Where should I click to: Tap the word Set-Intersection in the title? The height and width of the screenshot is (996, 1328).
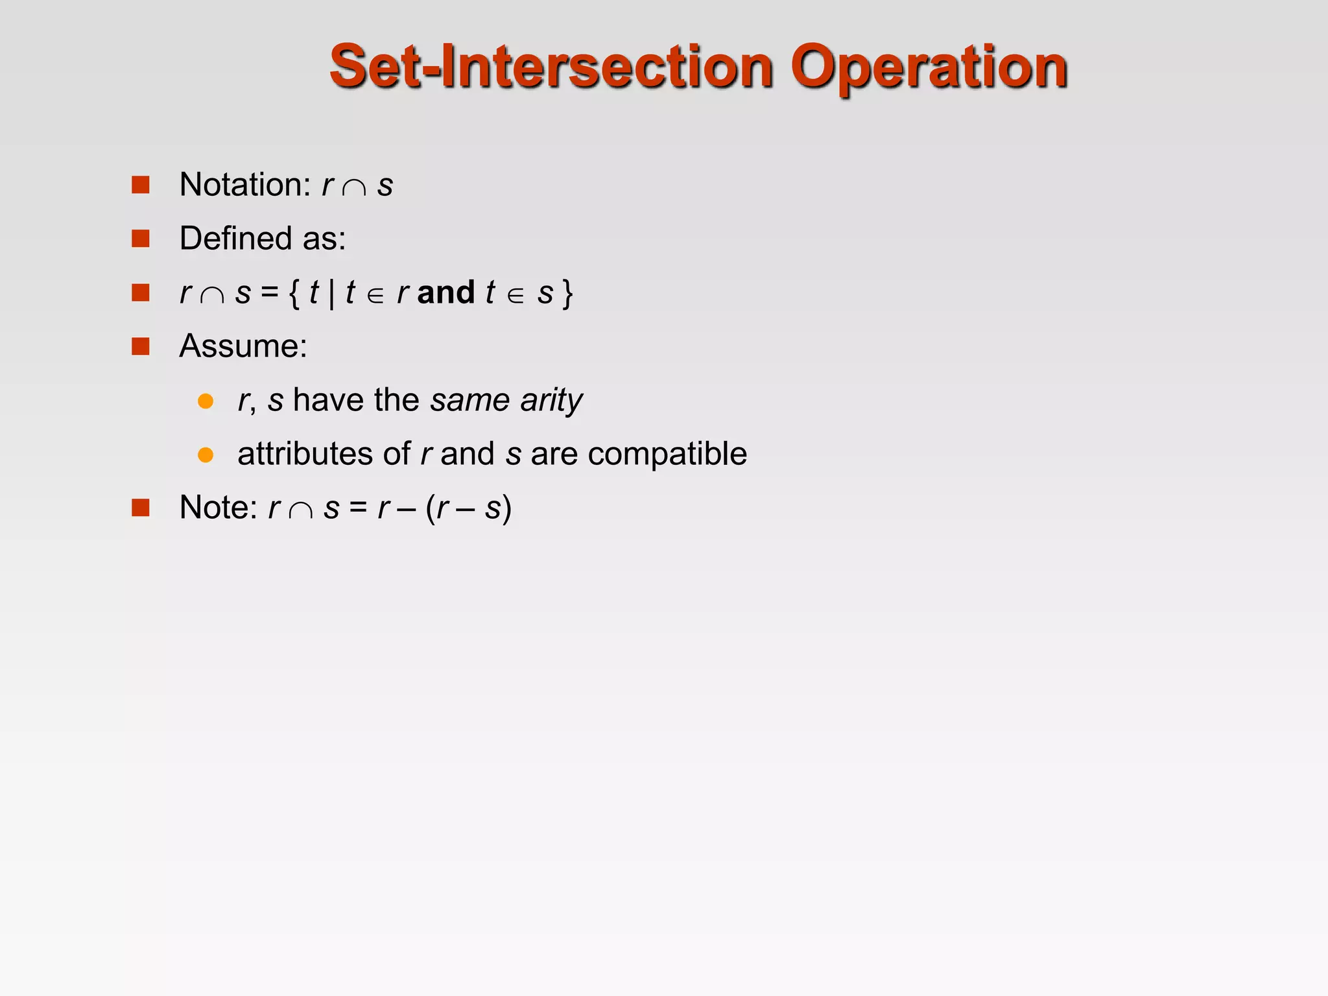(x=551, y=67)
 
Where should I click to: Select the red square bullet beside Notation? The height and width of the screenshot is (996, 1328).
(x=141, y=185)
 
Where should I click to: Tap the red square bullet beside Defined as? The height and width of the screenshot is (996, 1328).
(x=141, y=239)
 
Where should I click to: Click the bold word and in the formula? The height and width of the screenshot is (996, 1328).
(x=446, y=292)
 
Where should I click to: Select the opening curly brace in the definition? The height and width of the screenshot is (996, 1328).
(x=294, y=293)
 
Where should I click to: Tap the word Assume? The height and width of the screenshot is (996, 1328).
(x=243, y=346)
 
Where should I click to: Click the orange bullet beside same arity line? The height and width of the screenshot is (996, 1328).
(x=206, y=401)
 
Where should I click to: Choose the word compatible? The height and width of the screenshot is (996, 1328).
(x=667, y=455)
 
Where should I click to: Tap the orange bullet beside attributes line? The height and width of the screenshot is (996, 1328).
(x=206, y=455)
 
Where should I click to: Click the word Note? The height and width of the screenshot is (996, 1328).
(x=218, y=508)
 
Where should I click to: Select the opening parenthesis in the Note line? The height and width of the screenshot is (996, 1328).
(x=431, y=508)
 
